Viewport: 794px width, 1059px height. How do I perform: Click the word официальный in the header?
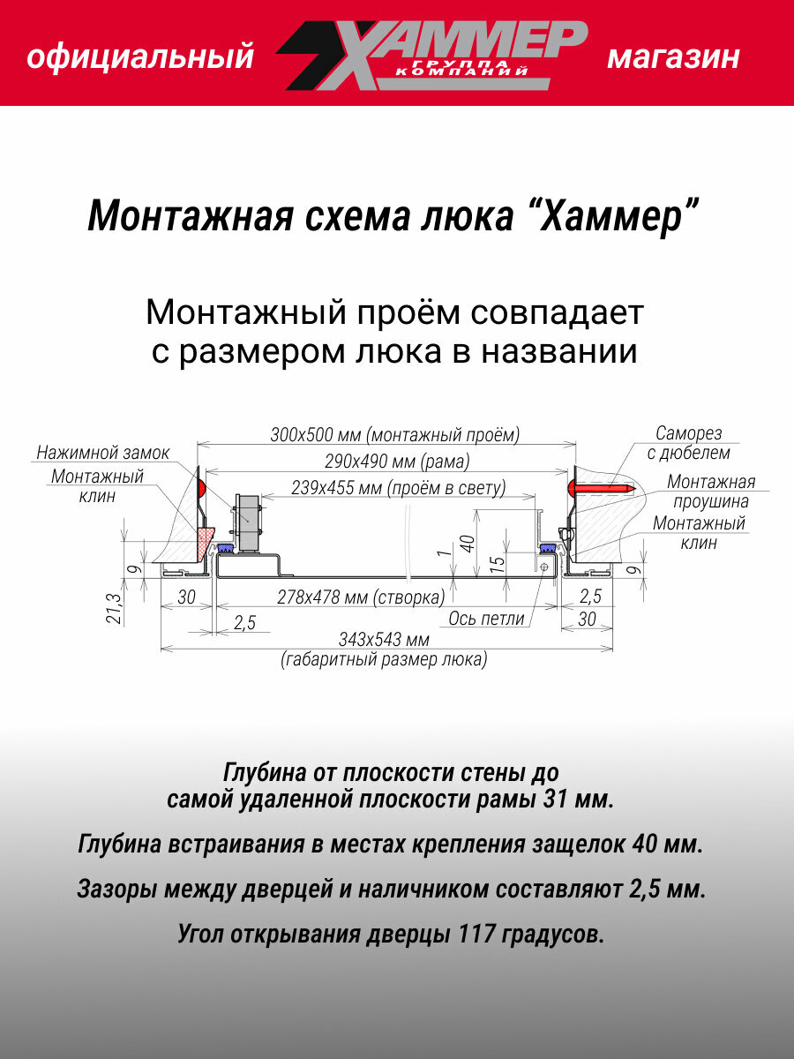click(x=140, y=58)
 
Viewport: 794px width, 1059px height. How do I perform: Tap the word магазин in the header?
click(x=673, y=58)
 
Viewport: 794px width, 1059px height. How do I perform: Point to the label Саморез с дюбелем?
click(x=688, y=443)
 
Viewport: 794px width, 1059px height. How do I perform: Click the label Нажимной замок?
click(x=102, y=454)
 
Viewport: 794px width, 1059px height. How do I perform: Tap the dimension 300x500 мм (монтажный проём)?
click(x=394, y=434)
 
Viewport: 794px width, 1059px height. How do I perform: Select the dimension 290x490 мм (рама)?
click(x=382, y=461)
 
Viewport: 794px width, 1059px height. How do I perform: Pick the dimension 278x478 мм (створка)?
click(x=360, y=597)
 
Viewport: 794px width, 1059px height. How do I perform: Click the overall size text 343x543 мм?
click(x=384, y=639)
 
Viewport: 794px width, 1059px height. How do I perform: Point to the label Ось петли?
click(x=486, y=619)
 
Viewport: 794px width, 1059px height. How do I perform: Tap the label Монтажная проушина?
click(x=710, y=492)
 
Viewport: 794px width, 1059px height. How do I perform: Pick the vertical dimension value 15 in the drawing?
click(x=498, y=562)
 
